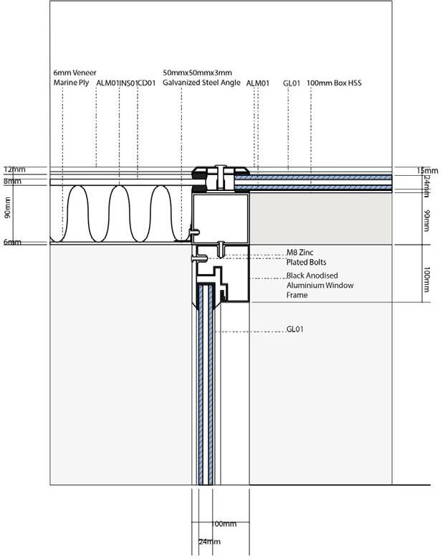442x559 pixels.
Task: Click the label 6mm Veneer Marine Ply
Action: click(x=74, y=77)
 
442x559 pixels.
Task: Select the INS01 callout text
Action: click(x=128, y=83)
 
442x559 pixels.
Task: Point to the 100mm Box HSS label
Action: click(x=334, y=83)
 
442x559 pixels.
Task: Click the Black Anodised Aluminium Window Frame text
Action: click(x=320, y=285)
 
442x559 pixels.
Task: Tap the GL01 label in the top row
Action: click(x=292, y=83)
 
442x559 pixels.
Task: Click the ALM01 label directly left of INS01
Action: click(x=107, y=83)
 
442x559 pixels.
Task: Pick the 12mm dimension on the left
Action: click(x=14, y=169)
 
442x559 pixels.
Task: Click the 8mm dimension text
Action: click(x=11, y=182)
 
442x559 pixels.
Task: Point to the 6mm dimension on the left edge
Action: click(x=11, y=242)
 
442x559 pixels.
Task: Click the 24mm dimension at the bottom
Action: click(x=209, y=542)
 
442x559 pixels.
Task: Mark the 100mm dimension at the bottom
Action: click(x=224, y=525)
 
